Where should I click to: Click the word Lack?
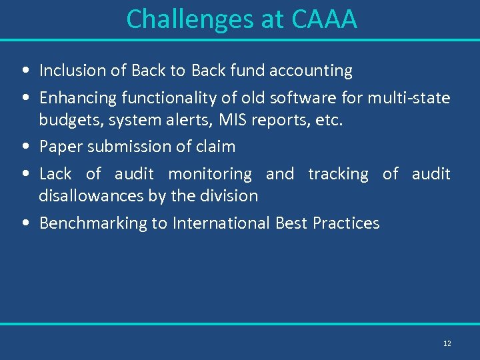55,174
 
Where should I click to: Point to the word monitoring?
210,175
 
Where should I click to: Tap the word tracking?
338,175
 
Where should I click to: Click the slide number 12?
447,343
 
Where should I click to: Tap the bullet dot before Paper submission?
24,147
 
